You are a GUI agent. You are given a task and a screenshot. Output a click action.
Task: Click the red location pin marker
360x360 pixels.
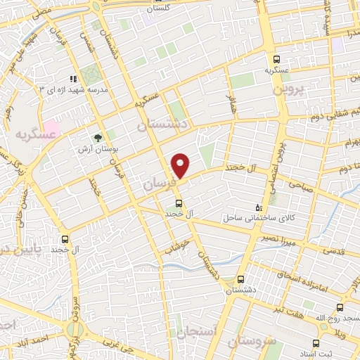pos(181,165)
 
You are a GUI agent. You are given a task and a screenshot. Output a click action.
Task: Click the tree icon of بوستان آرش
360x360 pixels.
pos(98,138)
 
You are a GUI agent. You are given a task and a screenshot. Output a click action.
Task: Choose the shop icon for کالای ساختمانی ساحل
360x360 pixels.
pos(259,207)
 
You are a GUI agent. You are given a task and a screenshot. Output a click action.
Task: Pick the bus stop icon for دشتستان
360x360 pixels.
pos(242,279)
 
